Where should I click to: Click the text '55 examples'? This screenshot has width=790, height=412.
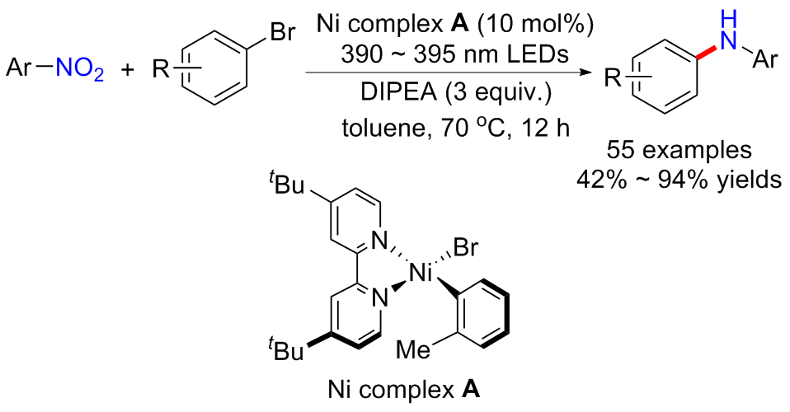coord(679,151)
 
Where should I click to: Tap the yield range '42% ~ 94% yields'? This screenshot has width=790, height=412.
coord(679,179)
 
